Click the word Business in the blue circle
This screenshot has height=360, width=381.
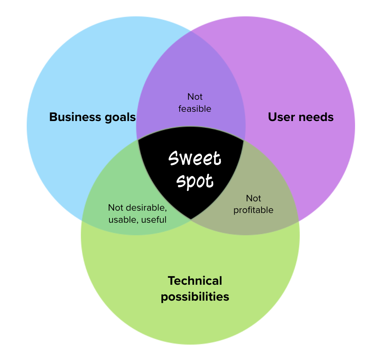click(x=75, y=117)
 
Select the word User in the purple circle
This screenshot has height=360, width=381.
click(x=281, y=117)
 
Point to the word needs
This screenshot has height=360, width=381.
click(x=316, y=117)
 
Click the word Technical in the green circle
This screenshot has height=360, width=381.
click(x=195, y=281)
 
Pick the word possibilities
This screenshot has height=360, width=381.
click(x=195, y=297)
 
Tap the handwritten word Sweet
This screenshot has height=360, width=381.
click(x=195, y=158)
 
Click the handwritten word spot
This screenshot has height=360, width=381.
click(x=195, y=181)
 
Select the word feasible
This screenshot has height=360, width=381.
click(x=195, y=109)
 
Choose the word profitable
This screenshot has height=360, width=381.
click(x=253, y=210)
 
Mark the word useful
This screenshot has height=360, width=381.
click(x=154, y=220)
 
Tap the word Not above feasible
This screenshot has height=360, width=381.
click(x=195, y=97)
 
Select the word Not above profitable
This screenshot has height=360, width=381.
click(x=253, y=199)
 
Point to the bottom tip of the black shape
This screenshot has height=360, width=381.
click(x=191, y=219)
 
